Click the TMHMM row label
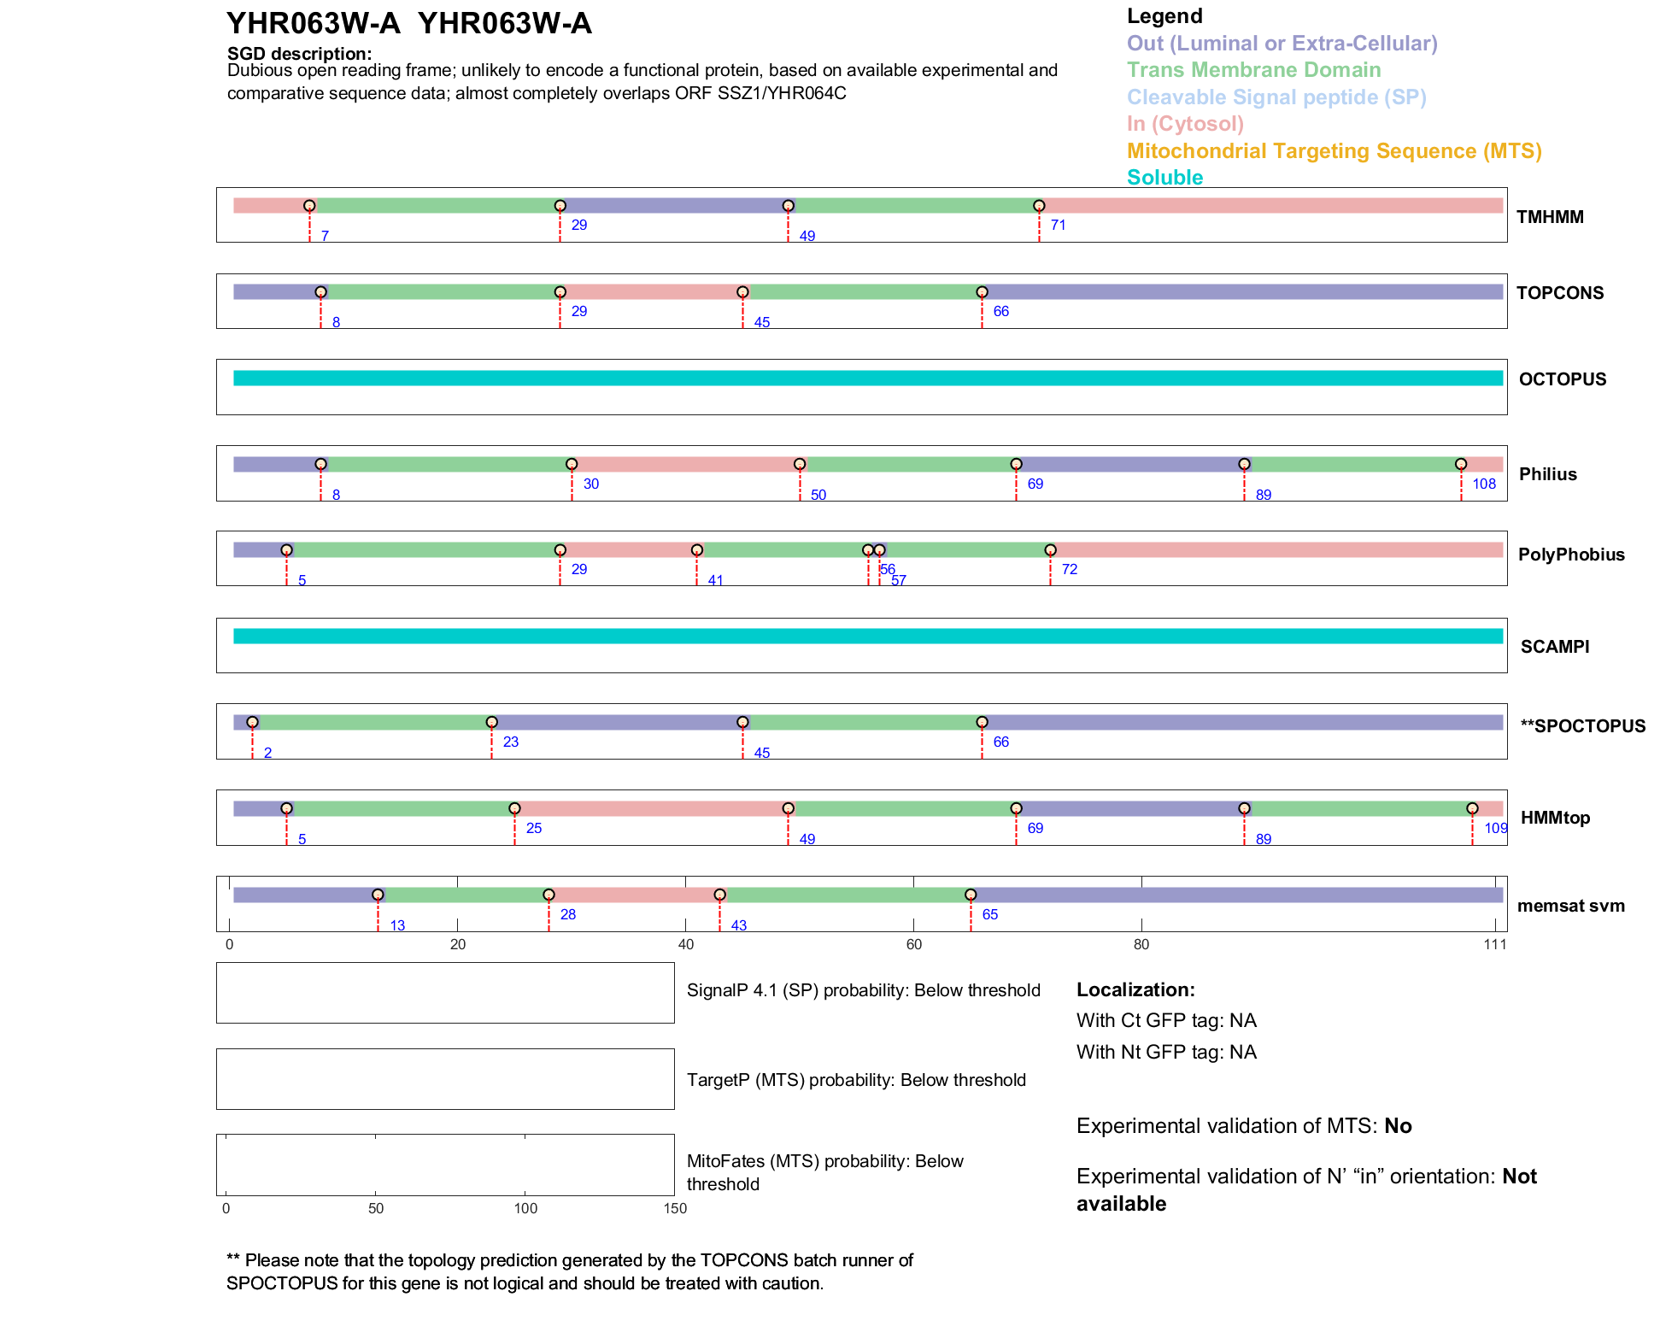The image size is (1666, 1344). [1549, 217]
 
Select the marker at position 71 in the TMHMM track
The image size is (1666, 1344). [1039, 206]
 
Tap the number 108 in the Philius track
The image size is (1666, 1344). [1484, 484]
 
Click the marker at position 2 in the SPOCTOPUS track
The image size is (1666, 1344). [252, 722]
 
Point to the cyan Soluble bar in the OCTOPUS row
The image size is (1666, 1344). [867, 379]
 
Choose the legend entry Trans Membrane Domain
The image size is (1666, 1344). [1253, 70]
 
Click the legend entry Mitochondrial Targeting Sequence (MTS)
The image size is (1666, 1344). [1334, 151]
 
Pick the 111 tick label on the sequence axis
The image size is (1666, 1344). [1495, 944]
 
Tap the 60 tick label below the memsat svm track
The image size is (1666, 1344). [913, 944]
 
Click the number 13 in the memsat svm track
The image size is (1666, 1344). [397, 925]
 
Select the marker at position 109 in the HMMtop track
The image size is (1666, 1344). [1472, 808]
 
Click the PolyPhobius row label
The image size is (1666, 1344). [1570, 555]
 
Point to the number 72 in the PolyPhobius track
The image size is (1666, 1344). [1070, 569]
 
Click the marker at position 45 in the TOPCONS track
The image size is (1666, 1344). [742, 292]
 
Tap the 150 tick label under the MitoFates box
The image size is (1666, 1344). [675, 1208]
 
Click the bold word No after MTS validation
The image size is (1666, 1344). [1398, 1126]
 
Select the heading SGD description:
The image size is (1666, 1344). [299, 54]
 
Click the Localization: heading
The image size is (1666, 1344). [1135, 989]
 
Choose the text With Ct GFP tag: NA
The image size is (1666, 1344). [1166, 1020]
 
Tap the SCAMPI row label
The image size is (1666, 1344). [1554, 647]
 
